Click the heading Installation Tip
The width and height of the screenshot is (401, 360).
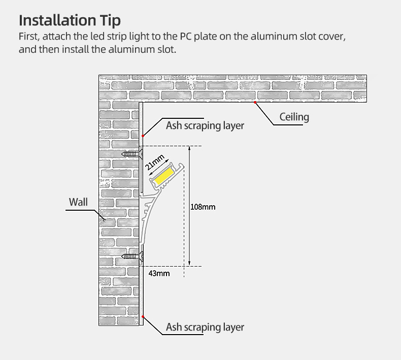[x=70, y=20]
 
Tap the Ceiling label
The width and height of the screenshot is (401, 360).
[x=294, y=117]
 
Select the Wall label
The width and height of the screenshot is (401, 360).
[x=78, y=202]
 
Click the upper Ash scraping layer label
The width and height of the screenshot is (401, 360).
[x=205, y=125]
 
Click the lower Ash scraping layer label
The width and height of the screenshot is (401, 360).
[x=205, y=327]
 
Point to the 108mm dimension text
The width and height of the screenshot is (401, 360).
[x=203, y=207]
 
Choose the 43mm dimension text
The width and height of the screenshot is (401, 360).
[x=159, y=274]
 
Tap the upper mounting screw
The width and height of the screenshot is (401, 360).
[x=131, y=153]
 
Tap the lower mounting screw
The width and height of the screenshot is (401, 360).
[x=131, y=257]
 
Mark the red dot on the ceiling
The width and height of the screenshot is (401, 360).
[x=255, y=102]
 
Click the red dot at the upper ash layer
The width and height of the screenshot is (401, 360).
[x=143, y=136]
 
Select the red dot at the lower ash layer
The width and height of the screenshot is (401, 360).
[x=143, y=317]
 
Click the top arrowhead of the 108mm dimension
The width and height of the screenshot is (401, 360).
[x=189, y=149]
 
